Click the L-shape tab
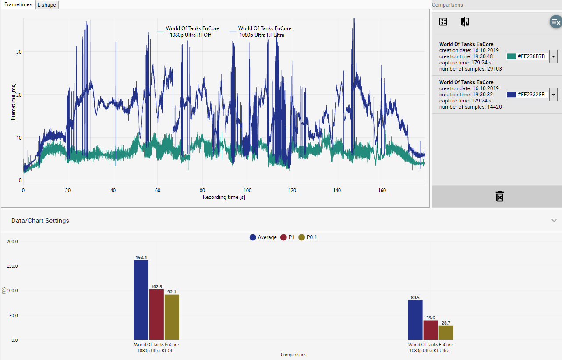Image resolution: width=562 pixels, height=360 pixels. tap(46, 5)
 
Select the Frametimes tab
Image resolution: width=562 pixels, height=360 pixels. tap(18, 4)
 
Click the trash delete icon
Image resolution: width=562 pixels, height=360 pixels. tap(500, 196)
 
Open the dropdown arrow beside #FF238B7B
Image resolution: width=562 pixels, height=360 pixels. tap(553, 56)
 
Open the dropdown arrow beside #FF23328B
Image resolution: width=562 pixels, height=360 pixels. tap(553, 94)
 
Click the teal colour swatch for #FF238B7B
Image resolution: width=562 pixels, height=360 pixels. tap(511, 56)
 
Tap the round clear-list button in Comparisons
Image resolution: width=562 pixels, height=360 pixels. tap(556, 21)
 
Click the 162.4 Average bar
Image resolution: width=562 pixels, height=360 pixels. tap(141, 300)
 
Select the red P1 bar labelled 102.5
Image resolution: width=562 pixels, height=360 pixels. tap(156, 314)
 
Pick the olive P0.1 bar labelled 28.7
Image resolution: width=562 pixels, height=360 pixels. tap(446, 333)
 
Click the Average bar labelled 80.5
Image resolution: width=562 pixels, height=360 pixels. tap(415, 320)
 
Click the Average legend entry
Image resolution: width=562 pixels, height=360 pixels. tap(263, 237)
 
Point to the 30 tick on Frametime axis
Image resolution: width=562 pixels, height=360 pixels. tap(19, 52)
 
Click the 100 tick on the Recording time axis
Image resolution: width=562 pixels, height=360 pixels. tap(247, 191)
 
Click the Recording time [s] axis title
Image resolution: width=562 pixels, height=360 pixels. tap(223, 197)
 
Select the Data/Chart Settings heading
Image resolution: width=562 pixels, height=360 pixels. tap(40, 221)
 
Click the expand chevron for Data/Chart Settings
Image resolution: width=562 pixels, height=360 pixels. tap(554, 221)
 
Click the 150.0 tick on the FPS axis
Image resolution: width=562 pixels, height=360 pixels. tap(12, 266)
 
